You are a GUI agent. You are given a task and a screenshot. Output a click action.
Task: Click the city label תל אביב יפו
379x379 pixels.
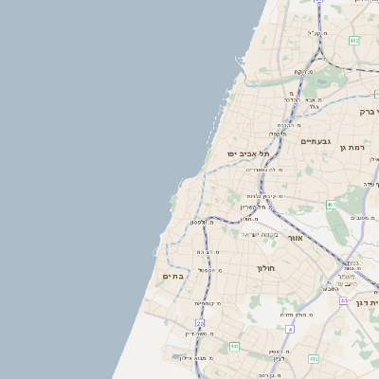click(248, 153)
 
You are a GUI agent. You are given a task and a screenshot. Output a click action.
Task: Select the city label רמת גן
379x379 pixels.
click(355, 148)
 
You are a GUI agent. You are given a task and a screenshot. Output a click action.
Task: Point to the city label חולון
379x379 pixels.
click(264, 268)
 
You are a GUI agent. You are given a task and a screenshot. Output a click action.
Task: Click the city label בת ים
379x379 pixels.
click(173, 276)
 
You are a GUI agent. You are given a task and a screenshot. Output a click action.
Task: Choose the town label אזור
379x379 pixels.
click(295, 237)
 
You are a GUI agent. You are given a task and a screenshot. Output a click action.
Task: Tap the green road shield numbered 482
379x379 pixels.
click(354, 41)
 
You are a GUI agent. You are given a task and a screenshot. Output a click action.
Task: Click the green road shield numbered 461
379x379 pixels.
click(332, 205)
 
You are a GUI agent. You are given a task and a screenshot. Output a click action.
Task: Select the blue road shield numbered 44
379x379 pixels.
click(341, 299)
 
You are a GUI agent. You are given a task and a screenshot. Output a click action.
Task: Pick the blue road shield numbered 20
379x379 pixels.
click(200, 323)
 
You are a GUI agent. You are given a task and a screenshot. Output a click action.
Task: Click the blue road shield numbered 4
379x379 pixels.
click(290, 329)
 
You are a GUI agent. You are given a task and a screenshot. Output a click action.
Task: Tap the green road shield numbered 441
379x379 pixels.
click(233, 347)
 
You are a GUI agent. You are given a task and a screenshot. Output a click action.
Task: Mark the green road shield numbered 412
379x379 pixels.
click(314, 358)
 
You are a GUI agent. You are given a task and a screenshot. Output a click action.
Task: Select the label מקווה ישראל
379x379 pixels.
click(259, 234)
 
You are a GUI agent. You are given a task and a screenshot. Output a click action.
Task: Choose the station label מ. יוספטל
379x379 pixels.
click(209, 270)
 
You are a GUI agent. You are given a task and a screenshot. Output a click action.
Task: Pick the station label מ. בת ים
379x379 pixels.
click(208, 252)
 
